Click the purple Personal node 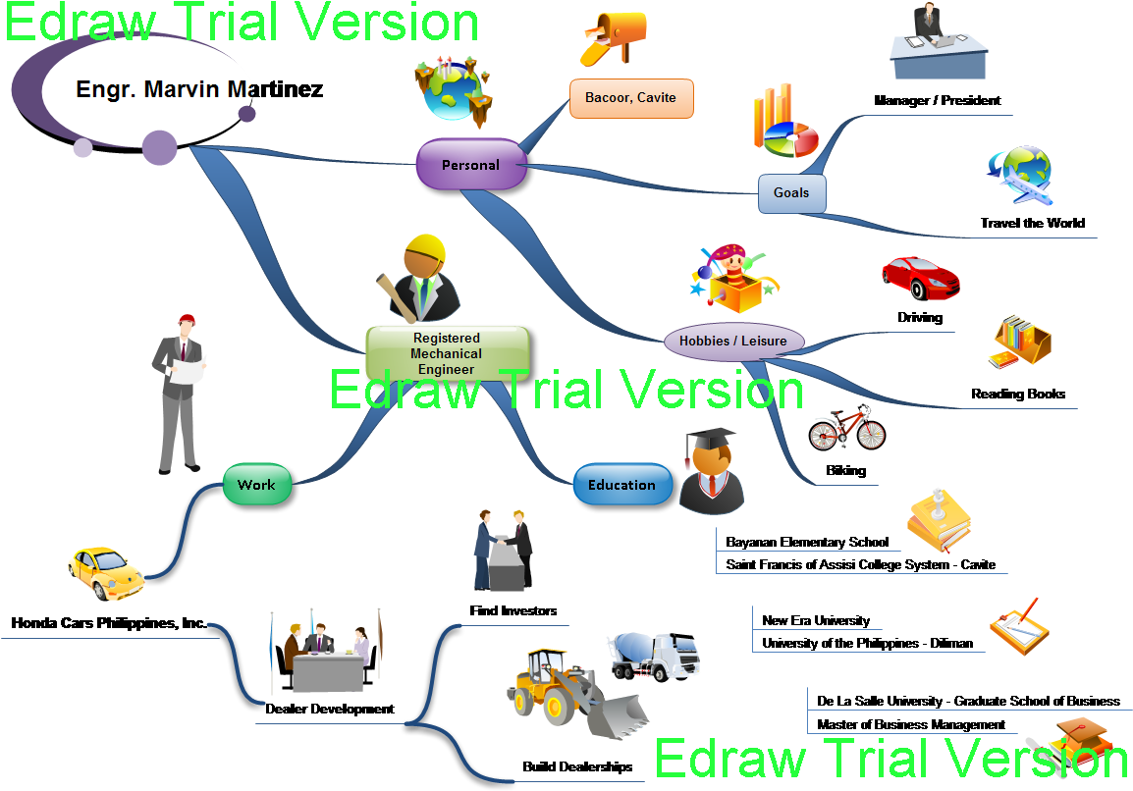click(x=471, y=164)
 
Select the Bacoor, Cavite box click(x=631, y=98)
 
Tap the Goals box click(x=791, y=193)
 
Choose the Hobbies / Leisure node click(x=733, y=341)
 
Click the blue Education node click(x=621, y=485)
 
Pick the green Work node click(x=256, y=485)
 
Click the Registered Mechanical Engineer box click(x=447, y=353)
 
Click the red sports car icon click(x=920, y=277)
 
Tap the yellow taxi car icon click(x=105, y=572)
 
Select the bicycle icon click(x=847, y=429)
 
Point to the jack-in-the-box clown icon click(x=731, y=275)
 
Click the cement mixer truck click(x=656, y=655)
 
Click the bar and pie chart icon click(x=784, y=123)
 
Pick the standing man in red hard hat click(x=180, y=393)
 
